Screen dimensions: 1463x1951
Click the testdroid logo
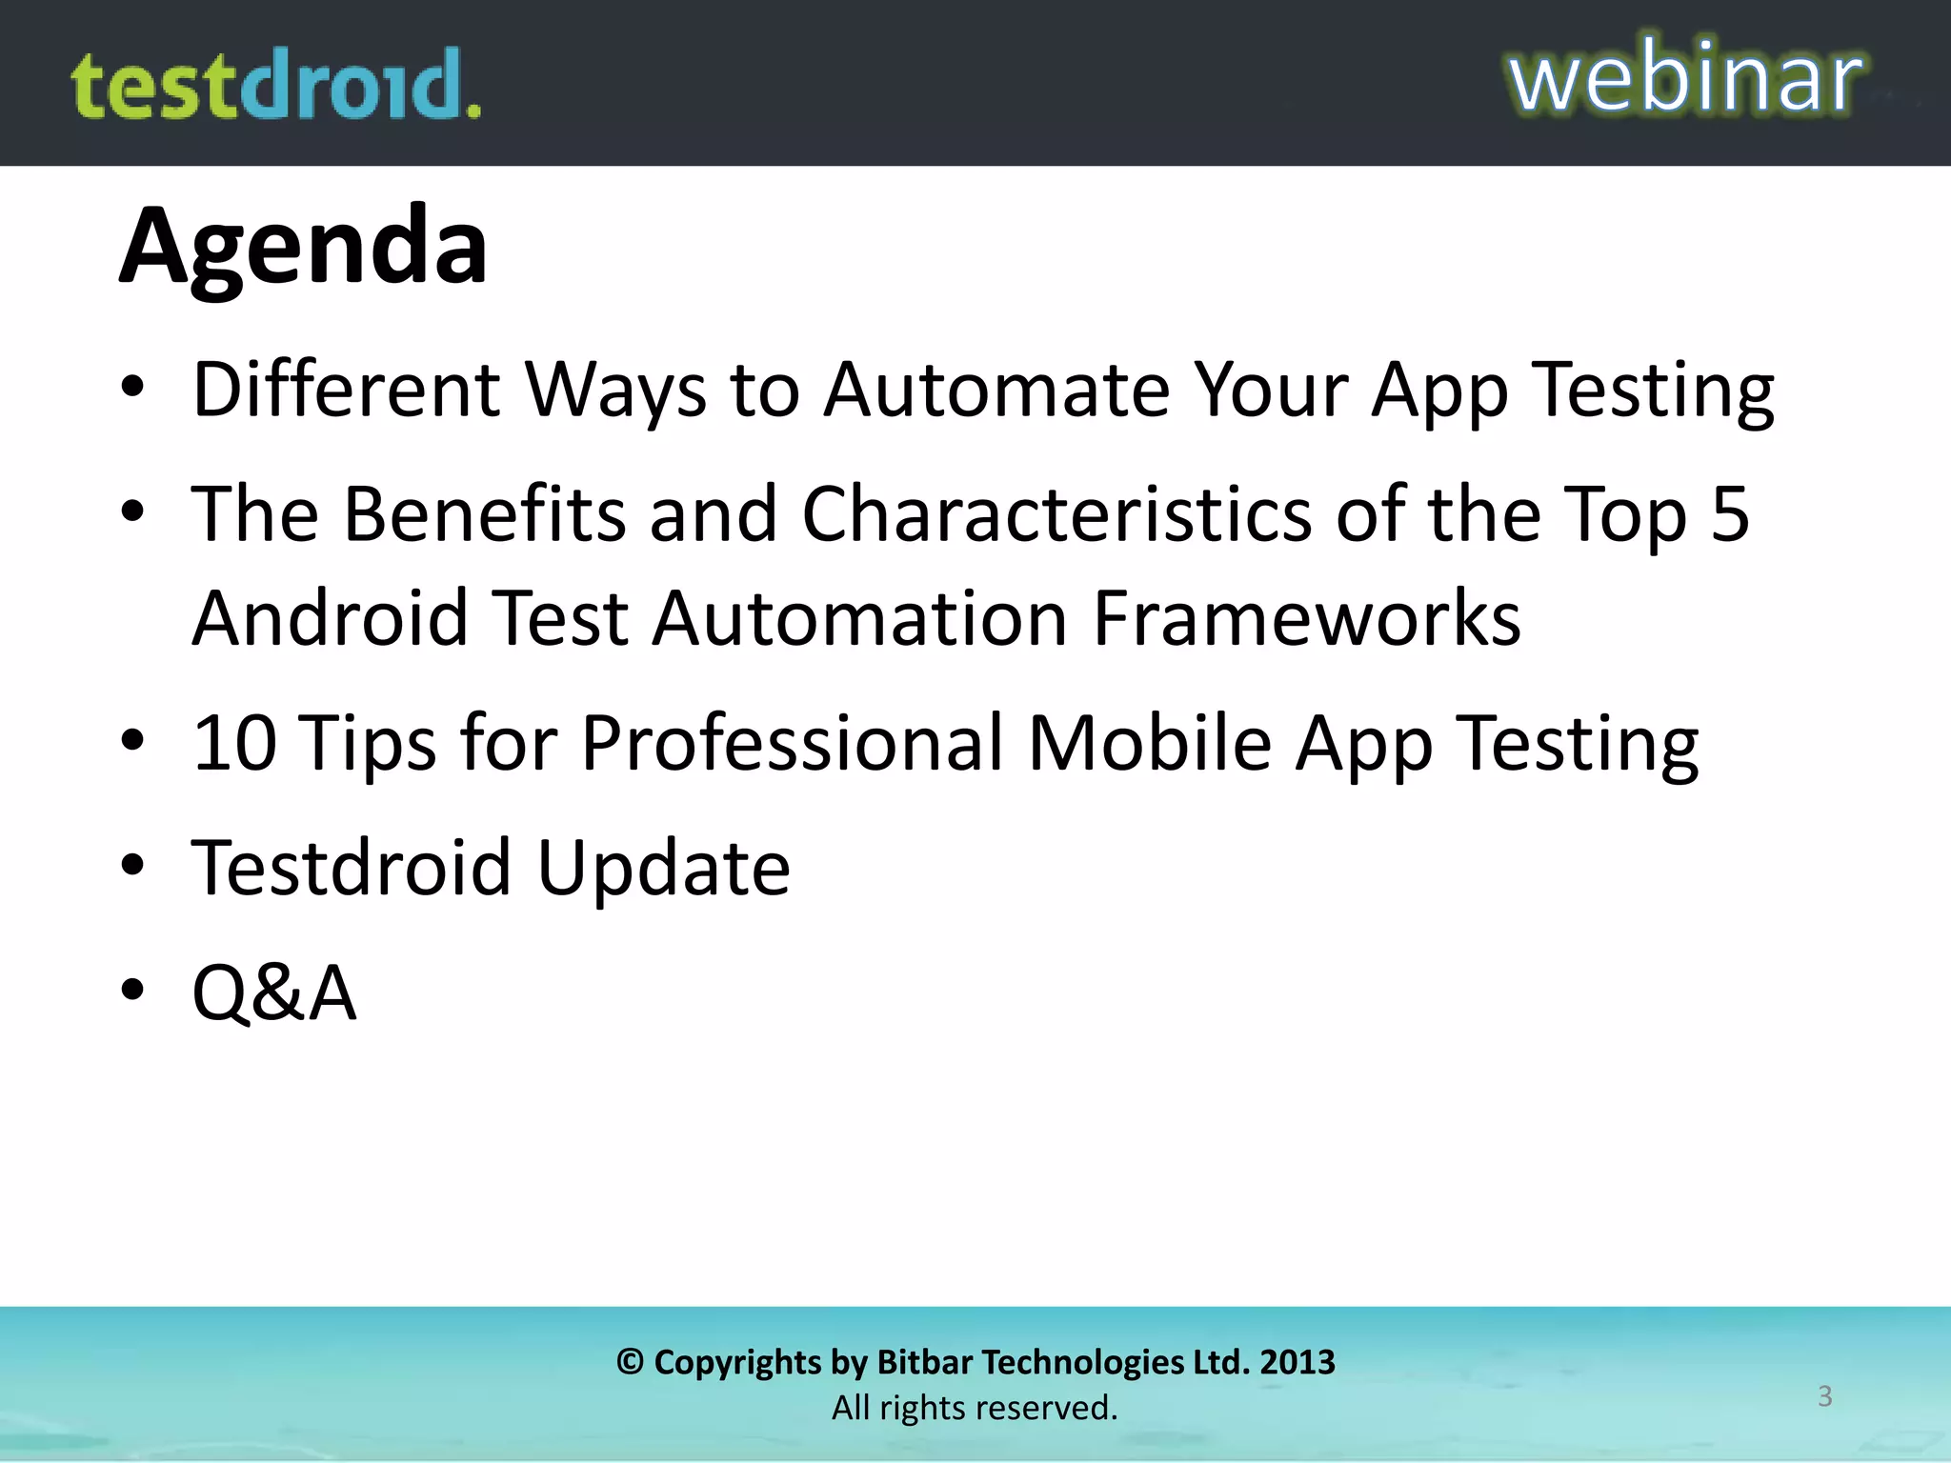[276, 86]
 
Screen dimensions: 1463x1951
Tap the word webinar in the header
[1684, 78]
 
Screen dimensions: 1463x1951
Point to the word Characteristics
[1056, 514]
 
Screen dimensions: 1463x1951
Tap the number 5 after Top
[1730, 514]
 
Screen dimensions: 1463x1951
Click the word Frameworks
[1306, 618]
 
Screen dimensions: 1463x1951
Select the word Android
[330, 618]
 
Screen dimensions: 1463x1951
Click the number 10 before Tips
[234, 743]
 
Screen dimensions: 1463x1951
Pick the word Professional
[792, 743]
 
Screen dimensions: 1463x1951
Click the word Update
[663, 868]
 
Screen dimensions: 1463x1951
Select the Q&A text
[274, 992]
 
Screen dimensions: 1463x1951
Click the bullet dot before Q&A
[132, 990]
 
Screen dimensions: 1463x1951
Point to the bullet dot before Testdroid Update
[132, 865]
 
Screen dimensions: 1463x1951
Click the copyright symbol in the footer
[630, 1362]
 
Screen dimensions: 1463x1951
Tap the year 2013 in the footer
[1297, 1362]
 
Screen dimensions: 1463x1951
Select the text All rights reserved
[975, 1408]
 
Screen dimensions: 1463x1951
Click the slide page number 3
[1824, 1396]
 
